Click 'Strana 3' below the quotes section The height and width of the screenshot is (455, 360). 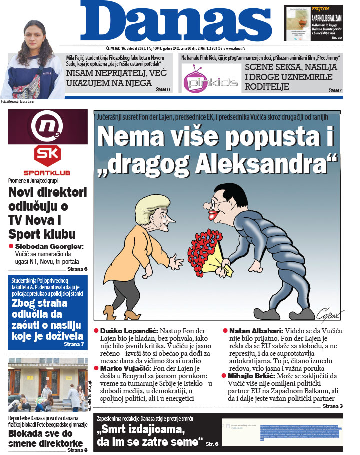(x=332, y=406)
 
